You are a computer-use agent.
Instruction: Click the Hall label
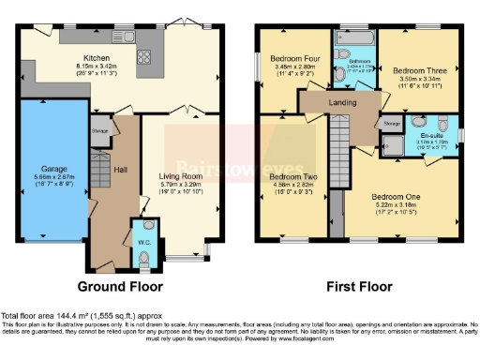tap(119, 169)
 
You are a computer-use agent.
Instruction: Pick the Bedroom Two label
tap(292, 175)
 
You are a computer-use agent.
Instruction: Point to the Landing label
tap(342, 103)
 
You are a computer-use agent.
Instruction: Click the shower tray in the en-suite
tap(392, 142)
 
